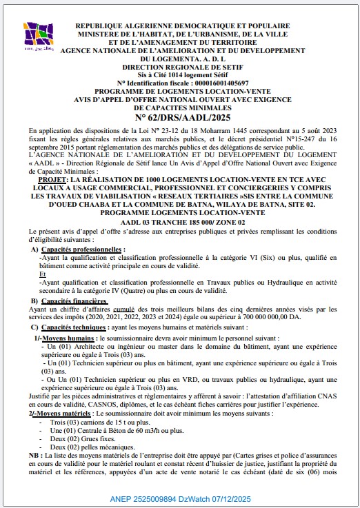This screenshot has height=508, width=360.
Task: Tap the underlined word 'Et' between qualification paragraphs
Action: [44, 273]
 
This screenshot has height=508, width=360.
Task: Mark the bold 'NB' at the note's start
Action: [34, 455]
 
